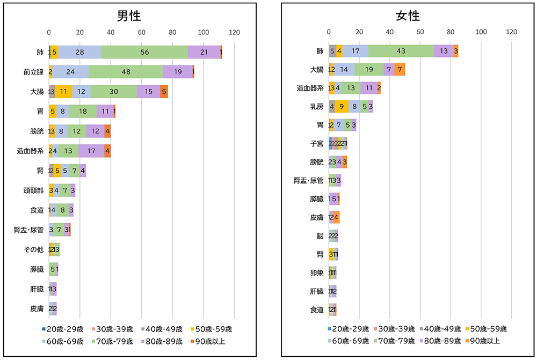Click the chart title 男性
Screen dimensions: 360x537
pos(129,16)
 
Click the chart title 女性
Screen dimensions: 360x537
pos(408,16)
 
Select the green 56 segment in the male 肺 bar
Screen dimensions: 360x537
pos(144,52)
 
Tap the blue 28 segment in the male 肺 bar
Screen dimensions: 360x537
pos(79,52)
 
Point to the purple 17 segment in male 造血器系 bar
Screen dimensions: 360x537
pos(91,151)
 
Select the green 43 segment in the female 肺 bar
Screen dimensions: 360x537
pos(401,52)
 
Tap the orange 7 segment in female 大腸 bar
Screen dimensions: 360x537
pos(400,70)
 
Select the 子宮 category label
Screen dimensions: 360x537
pos(316,143)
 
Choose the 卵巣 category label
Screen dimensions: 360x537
pos(316,273)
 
